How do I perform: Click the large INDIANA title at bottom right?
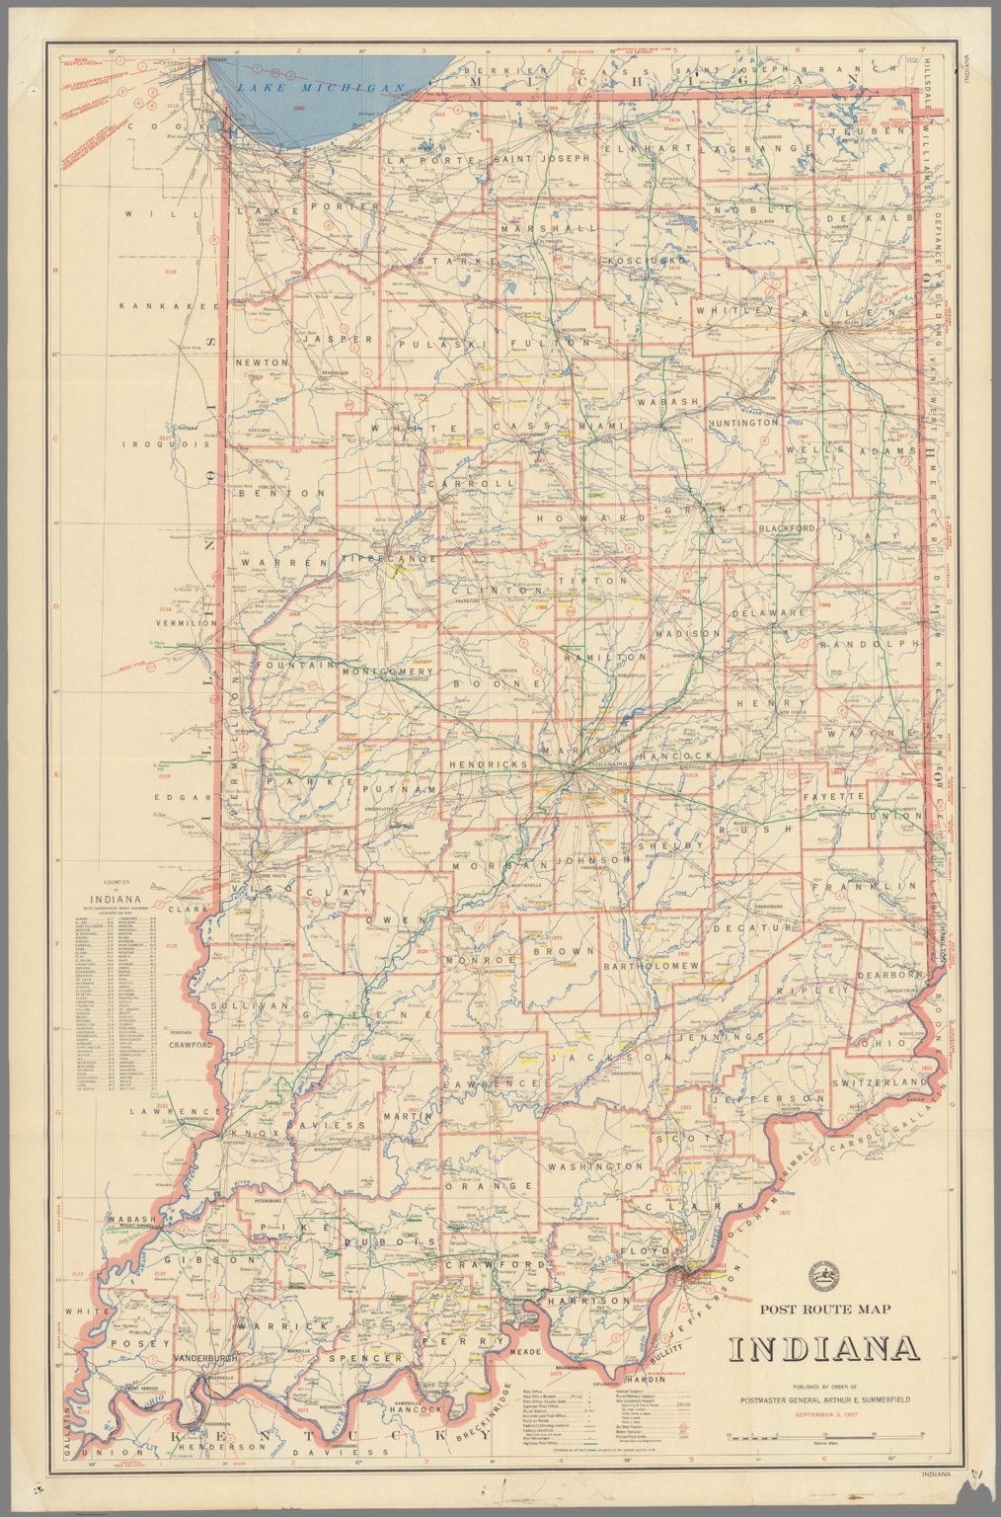click(x=824, y=1349)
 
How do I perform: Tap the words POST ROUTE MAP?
click(x=824, y=1310)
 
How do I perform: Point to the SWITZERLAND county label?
click(x=879, y=1082)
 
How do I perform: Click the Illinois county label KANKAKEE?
click(x=169, y=306)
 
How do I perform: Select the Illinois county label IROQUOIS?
click(x=165, y=444)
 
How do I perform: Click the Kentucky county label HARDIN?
click(x=645, y=1379)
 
